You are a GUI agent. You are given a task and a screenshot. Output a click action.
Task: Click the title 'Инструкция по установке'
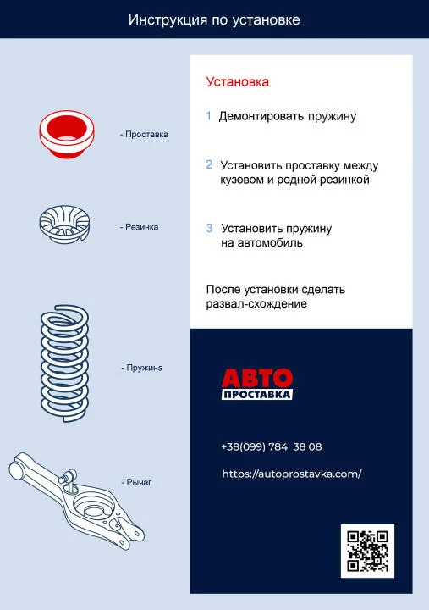pos(214,19)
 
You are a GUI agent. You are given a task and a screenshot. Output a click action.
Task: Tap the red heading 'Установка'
pos(238,82)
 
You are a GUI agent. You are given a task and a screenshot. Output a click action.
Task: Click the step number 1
pos(209,115)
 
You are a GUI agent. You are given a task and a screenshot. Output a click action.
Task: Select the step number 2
pos(209,164)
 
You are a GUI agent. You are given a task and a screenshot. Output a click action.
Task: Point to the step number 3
pos(209,228)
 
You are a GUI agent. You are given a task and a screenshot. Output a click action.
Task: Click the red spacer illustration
pos(67,134)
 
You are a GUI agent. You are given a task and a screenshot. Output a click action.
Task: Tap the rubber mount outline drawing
pos(64,225)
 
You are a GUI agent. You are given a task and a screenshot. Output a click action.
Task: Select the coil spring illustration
pos(64,363)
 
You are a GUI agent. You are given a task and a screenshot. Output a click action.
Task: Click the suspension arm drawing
pos(76,501)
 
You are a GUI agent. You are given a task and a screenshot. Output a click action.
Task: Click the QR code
pos(367,551)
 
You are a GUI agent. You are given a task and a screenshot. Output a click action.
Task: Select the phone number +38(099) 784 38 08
pos(272,446)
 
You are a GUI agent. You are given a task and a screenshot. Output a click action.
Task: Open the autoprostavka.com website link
pos(292,474)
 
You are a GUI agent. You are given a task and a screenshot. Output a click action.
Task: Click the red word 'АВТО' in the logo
pos(257,378)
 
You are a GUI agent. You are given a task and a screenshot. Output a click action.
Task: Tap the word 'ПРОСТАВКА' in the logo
pos(257,394)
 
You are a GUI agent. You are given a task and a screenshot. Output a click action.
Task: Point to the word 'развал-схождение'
pos(256,304)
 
